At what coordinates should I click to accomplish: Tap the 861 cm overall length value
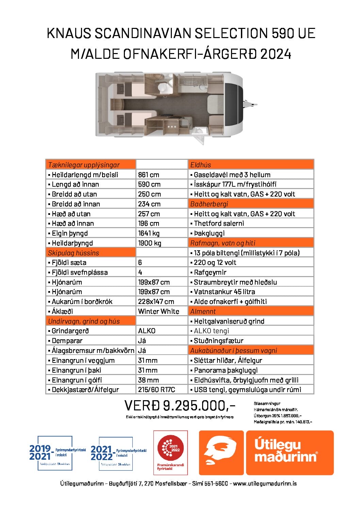[149, 175]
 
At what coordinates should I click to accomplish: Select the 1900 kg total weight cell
[150, 243]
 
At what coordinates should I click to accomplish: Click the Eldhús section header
[201, 165]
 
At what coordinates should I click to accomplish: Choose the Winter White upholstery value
[159, 311]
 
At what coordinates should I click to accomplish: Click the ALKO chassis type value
[147, 331]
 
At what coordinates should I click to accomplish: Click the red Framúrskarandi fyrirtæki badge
[170, 452]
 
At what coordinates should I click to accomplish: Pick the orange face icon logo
[221, 453]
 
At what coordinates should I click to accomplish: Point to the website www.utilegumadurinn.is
[265, 483]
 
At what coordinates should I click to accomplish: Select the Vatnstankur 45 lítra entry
[224, 292]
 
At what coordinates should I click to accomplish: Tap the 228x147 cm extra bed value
[156, 302]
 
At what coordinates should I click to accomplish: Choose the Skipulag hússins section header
[73, 253]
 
